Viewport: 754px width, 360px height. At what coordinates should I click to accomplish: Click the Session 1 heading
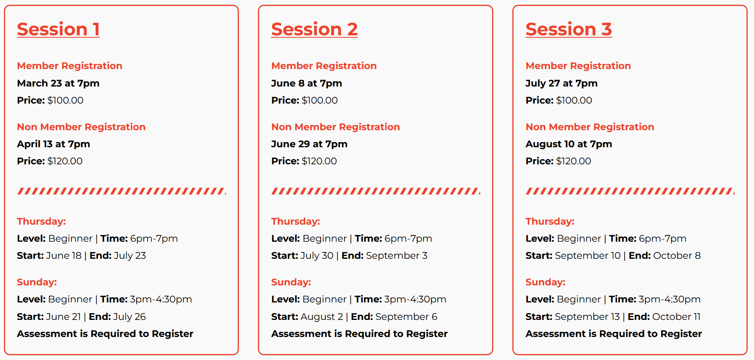click(x=58, y=29)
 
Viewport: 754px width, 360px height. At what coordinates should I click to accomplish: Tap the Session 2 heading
click(x=314, y=29)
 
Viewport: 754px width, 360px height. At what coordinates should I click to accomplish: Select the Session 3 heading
click(x=569, y=29)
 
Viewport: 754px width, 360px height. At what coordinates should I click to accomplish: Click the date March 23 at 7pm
click(x=58, y=83)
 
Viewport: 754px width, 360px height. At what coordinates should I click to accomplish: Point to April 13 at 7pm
click(x=54, y=144)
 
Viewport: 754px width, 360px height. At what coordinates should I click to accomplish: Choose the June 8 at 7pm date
click(x=307, y=83)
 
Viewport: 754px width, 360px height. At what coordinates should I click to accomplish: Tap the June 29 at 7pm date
click(x=310, y=144)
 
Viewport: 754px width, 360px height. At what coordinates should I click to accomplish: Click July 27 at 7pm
click(x=562, y=83)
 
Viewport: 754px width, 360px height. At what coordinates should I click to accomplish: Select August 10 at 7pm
click(x=569, y=144)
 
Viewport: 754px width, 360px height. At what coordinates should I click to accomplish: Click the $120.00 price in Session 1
click(x=65, y=161)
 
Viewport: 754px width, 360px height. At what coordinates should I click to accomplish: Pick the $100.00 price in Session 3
click(x=574, y=100)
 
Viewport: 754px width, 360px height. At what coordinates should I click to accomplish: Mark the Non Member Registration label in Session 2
click(x=336, y=127)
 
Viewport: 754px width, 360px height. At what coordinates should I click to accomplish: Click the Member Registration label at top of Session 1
click(x=70, y=66)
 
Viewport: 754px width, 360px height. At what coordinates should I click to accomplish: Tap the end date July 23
click(x=130, y=256)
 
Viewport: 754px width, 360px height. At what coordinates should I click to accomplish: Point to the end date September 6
click(x=406, y=317)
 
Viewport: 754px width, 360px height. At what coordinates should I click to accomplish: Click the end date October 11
click(x=676, y=317)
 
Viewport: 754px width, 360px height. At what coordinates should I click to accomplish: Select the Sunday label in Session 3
click(x=546, y=282)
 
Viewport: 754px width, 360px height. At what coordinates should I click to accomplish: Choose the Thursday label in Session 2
click(x=296, y=221)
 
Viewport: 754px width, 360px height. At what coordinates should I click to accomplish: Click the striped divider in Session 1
click(x=121, y=191)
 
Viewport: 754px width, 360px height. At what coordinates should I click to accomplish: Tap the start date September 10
click(x=588, y=256)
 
